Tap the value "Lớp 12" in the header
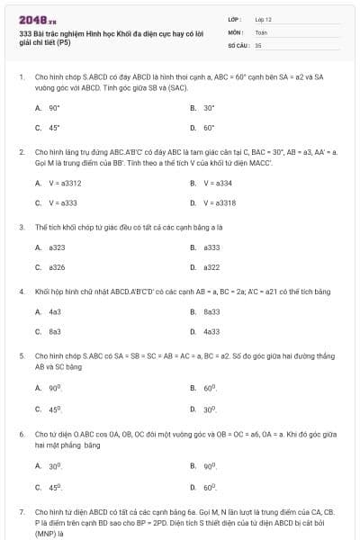click(x=263, y=18)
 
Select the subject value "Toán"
click(x=261, y=31)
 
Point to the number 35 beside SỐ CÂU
click(x=258, y=44)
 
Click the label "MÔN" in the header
click(x=235, y=31)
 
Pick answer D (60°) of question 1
click(x=208, y=127)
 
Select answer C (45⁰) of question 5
click(x=54, y=409)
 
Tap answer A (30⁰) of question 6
click(x=54, y=466)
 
